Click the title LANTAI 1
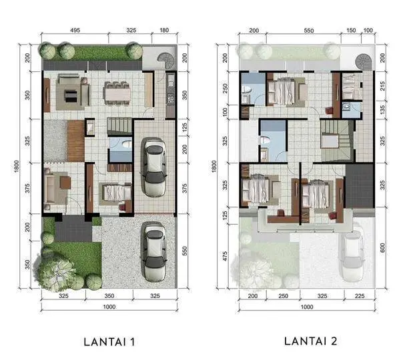click(109, 342)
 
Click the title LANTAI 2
click(310, 341)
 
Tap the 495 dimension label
click(75, 30)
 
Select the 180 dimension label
click(164, 30)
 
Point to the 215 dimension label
click(382, 86)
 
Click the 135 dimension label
click(382, 110)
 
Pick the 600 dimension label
click(382, 247)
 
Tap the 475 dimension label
click(225, 256)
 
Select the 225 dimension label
click(360, 296)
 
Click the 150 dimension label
click(351, 30)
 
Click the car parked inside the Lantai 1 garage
click(154, 167)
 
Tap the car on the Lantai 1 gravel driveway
click(154, 251)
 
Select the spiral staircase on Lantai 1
click(166, 61)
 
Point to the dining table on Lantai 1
click(117, 94)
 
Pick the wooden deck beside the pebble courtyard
click(76, 141)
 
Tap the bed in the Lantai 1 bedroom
click(116, 193)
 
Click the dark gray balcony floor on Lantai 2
click(360, 185)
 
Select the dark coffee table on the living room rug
click(71, 96)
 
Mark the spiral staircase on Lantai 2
click(364, 62)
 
